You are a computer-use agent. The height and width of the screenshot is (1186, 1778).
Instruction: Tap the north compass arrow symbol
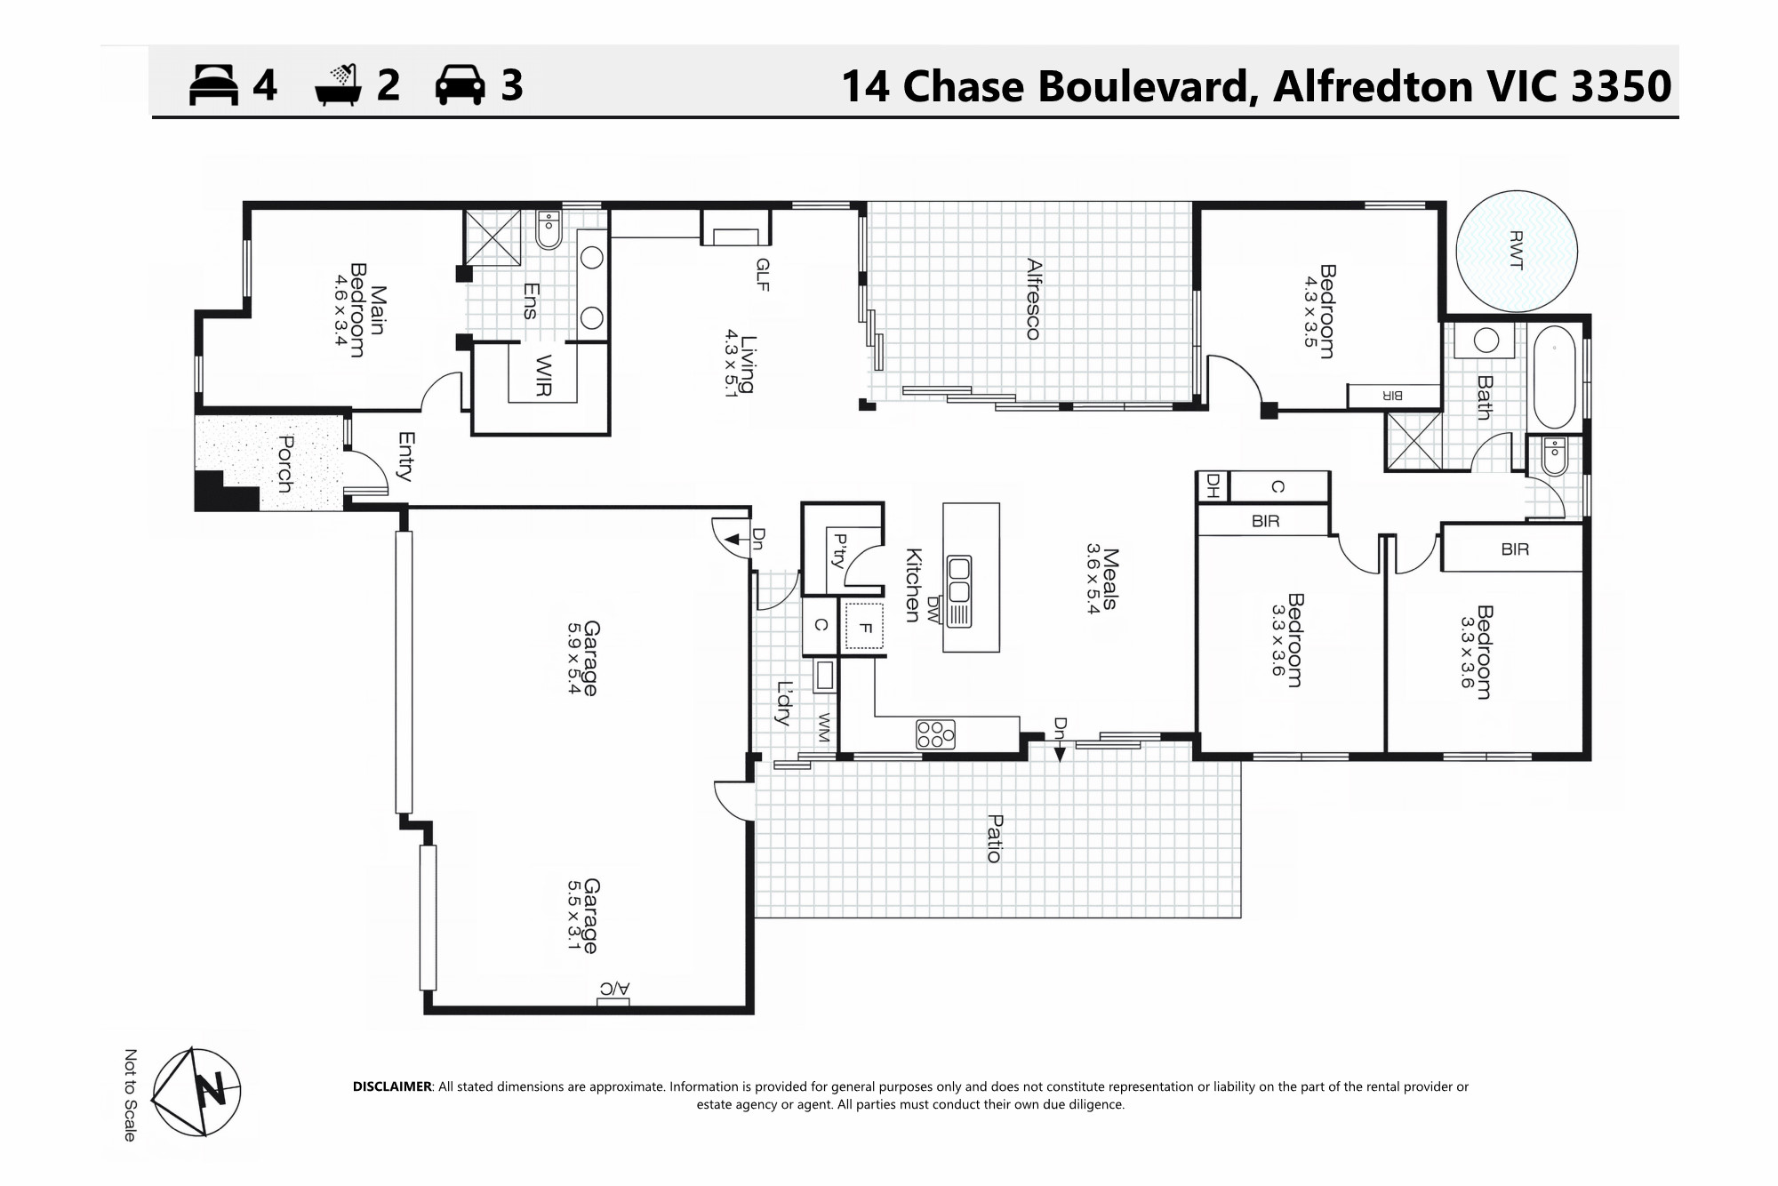pyautogui.click(x=196, y=1091)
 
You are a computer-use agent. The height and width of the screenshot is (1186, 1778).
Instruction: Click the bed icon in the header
pyautogui.click(x=214, y=85)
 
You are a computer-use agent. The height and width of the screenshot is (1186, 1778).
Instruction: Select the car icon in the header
pyautogui.click(x=460, y=85)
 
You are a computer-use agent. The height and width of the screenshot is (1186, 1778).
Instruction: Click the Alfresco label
pyautogui.click(x=1033, y=299)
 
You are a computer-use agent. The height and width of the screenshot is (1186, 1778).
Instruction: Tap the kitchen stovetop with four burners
pyautogui.click(x=936, y=734)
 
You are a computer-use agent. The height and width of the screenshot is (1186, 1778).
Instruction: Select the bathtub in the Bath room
pyautogui.click(x=1554, y=379)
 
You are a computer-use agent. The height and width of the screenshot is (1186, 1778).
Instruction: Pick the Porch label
pyautogui.click(x=284, y=463)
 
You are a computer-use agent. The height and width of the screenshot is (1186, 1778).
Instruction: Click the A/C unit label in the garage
pyautogui.click(x=614, y=989)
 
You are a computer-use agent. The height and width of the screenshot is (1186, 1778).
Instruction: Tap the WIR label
pyautogui.click(x=544, y=376)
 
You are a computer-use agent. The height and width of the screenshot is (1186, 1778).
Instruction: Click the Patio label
pyautogui.click(x=995, y=838)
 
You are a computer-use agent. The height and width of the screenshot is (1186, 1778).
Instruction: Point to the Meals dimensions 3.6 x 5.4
pyautogui.click(x=1093, y=579)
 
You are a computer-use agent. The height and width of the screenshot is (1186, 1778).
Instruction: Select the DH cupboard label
pyautogui.click(x=1211, y=486)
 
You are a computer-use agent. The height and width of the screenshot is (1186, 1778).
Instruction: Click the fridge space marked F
pyautogui.click(x=865, y=628)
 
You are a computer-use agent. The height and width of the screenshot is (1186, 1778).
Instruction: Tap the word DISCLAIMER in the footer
pyautogui.click(x=392, y=1086)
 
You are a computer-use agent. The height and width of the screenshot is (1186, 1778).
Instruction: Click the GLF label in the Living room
pyautogui.click(x=762, y=275)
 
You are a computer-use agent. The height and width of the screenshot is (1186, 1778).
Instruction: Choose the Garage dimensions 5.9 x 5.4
pyautogui.click(x=574, y=658)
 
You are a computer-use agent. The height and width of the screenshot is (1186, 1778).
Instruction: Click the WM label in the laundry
pyautogui.click(x=824, y=728)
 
